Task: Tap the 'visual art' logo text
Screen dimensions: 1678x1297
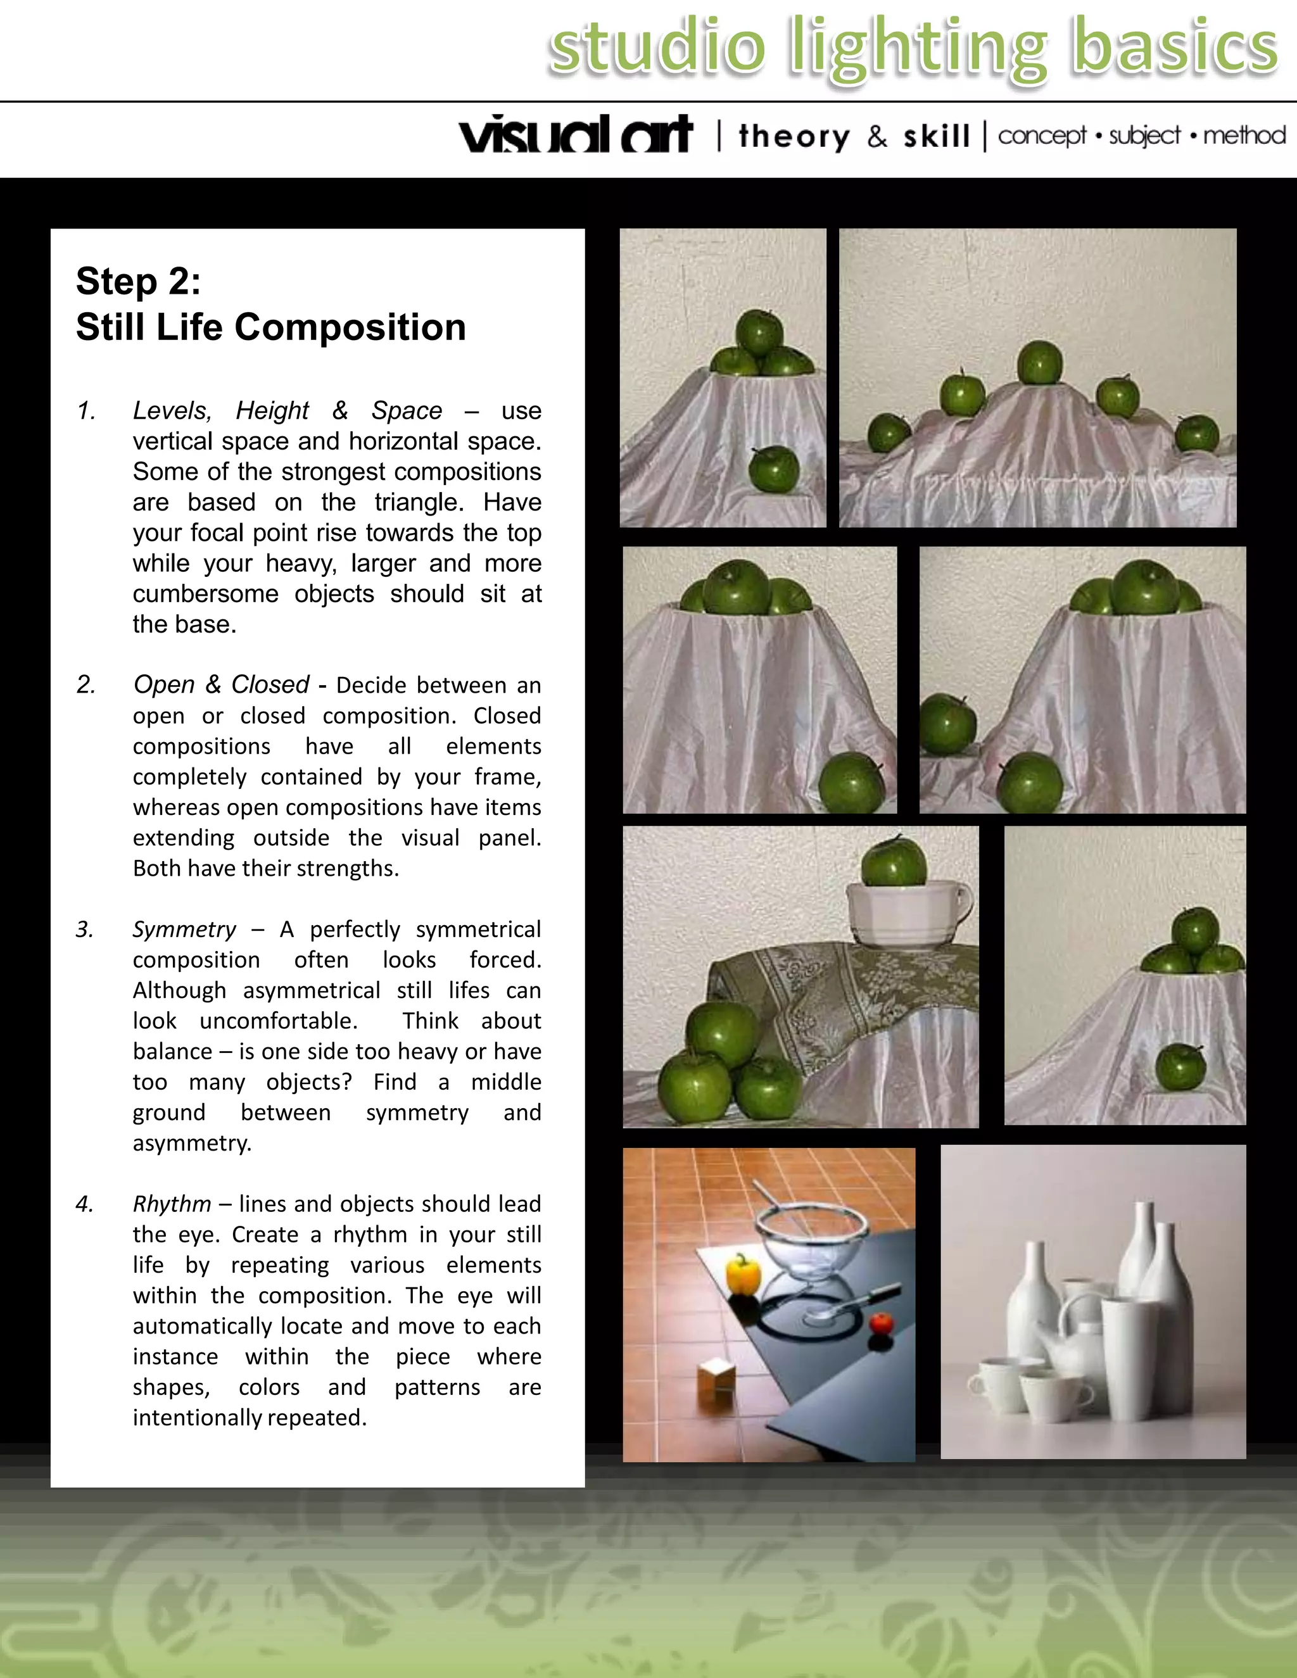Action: click(576, 136)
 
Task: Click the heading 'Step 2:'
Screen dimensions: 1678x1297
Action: click(138, 281)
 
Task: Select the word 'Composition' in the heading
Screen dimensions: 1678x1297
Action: click(350, 327)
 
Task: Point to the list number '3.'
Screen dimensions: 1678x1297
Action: click(84, 930)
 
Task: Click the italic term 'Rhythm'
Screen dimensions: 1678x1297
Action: click(172, 1204)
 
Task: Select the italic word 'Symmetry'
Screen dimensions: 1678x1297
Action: click(184, 930)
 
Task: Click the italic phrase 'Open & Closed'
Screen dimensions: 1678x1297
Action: click(221, 684)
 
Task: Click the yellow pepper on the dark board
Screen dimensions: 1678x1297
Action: click(743, 1274)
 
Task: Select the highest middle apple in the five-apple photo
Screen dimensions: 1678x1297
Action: click(1040, 363)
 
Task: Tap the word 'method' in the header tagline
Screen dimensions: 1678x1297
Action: click(1244, 136)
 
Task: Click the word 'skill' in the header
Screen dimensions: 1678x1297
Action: click(936, 137)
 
